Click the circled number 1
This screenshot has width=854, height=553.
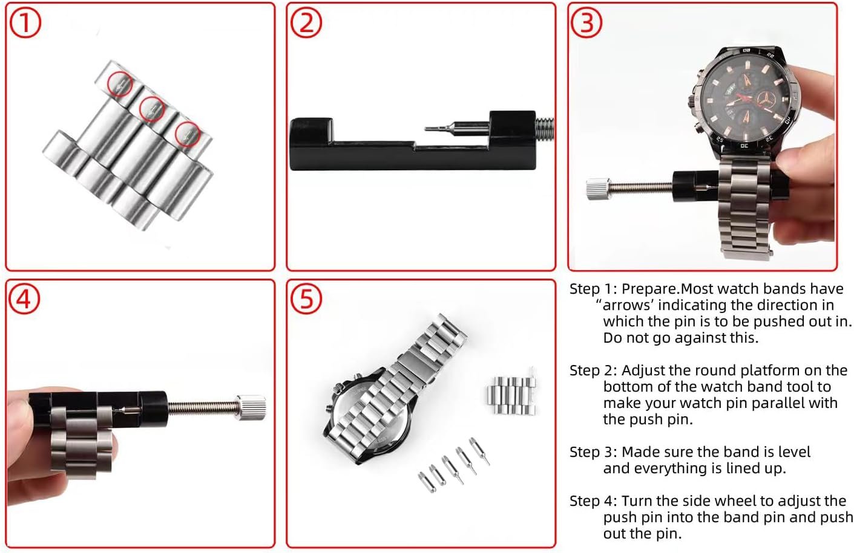click(25, 23)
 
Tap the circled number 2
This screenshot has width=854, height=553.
click(306, 22)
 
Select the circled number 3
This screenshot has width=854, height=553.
click(586, 22)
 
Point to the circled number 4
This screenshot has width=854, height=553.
click(24, 299)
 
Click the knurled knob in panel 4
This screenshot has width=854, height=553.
click(251, 407)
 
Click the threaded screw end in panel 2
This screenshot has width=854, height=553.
click(545, 129)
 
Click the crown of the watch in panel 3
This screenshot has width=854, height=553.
click(692, 102)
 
